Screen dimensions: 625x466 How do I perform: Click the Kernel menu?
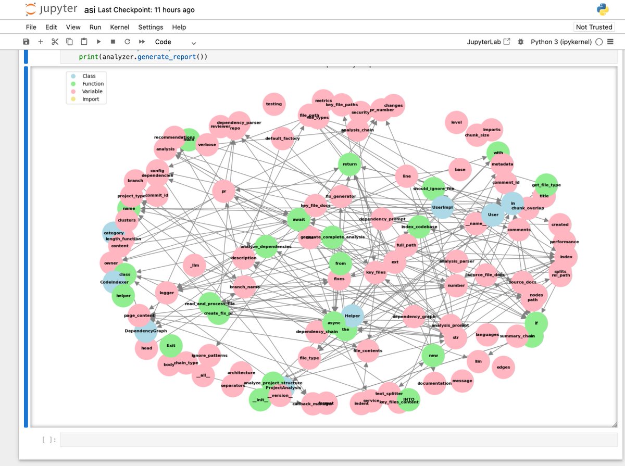pyautogui.click(x=119, y=27)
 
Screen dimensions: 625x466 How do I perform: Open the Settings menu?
pyautogui.click(x=151, y=27)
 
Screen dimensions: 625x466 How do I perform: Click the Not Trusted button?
pyautogui.click(x=594, y=27)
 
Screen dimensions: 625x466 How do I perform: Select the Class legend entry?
pyautogui.click(x=89, y=76)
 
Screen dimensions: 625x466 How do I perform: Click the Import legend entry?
pyautogui.click(x=90, y=99)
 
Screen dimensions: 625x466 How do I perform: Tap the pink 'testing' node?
pyautogui.click(x=273, y=104)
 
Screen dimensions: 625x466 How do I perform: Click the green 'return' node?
pyautogui.click(x=349, y=165)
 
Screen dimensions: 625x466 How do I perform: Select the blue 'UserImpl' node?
pyautogui.click(x=443, y=207)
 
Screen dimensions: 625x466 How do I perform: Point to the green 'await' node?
pyautogui.click(x=298, y=220)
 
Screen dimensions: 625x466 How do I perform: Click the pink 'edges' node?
pyautogui.click(x=503, y=367)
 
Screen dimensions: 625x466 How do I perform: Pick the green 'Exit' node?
pyautogui.click(x=171, y=345)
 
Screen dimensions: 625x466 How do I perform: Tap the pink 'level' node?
pyautogui.click(x=456, y=122)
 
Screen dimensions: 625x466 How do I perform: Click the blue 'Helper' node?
pyautogui.click(x=352, y=316)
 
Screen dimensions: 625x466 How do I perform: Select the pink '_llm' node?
pyautogui.click(x=195, y=266)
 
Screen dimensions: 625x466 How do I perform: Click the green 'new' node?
pyautogui.click(x=433, y=355)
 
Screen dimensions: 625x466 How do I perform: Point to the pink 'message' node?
pyautogui.click(x=462, y=381)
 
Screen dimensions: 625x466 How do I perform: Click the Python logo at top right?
pyautogui.click(x=603, y=10)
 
